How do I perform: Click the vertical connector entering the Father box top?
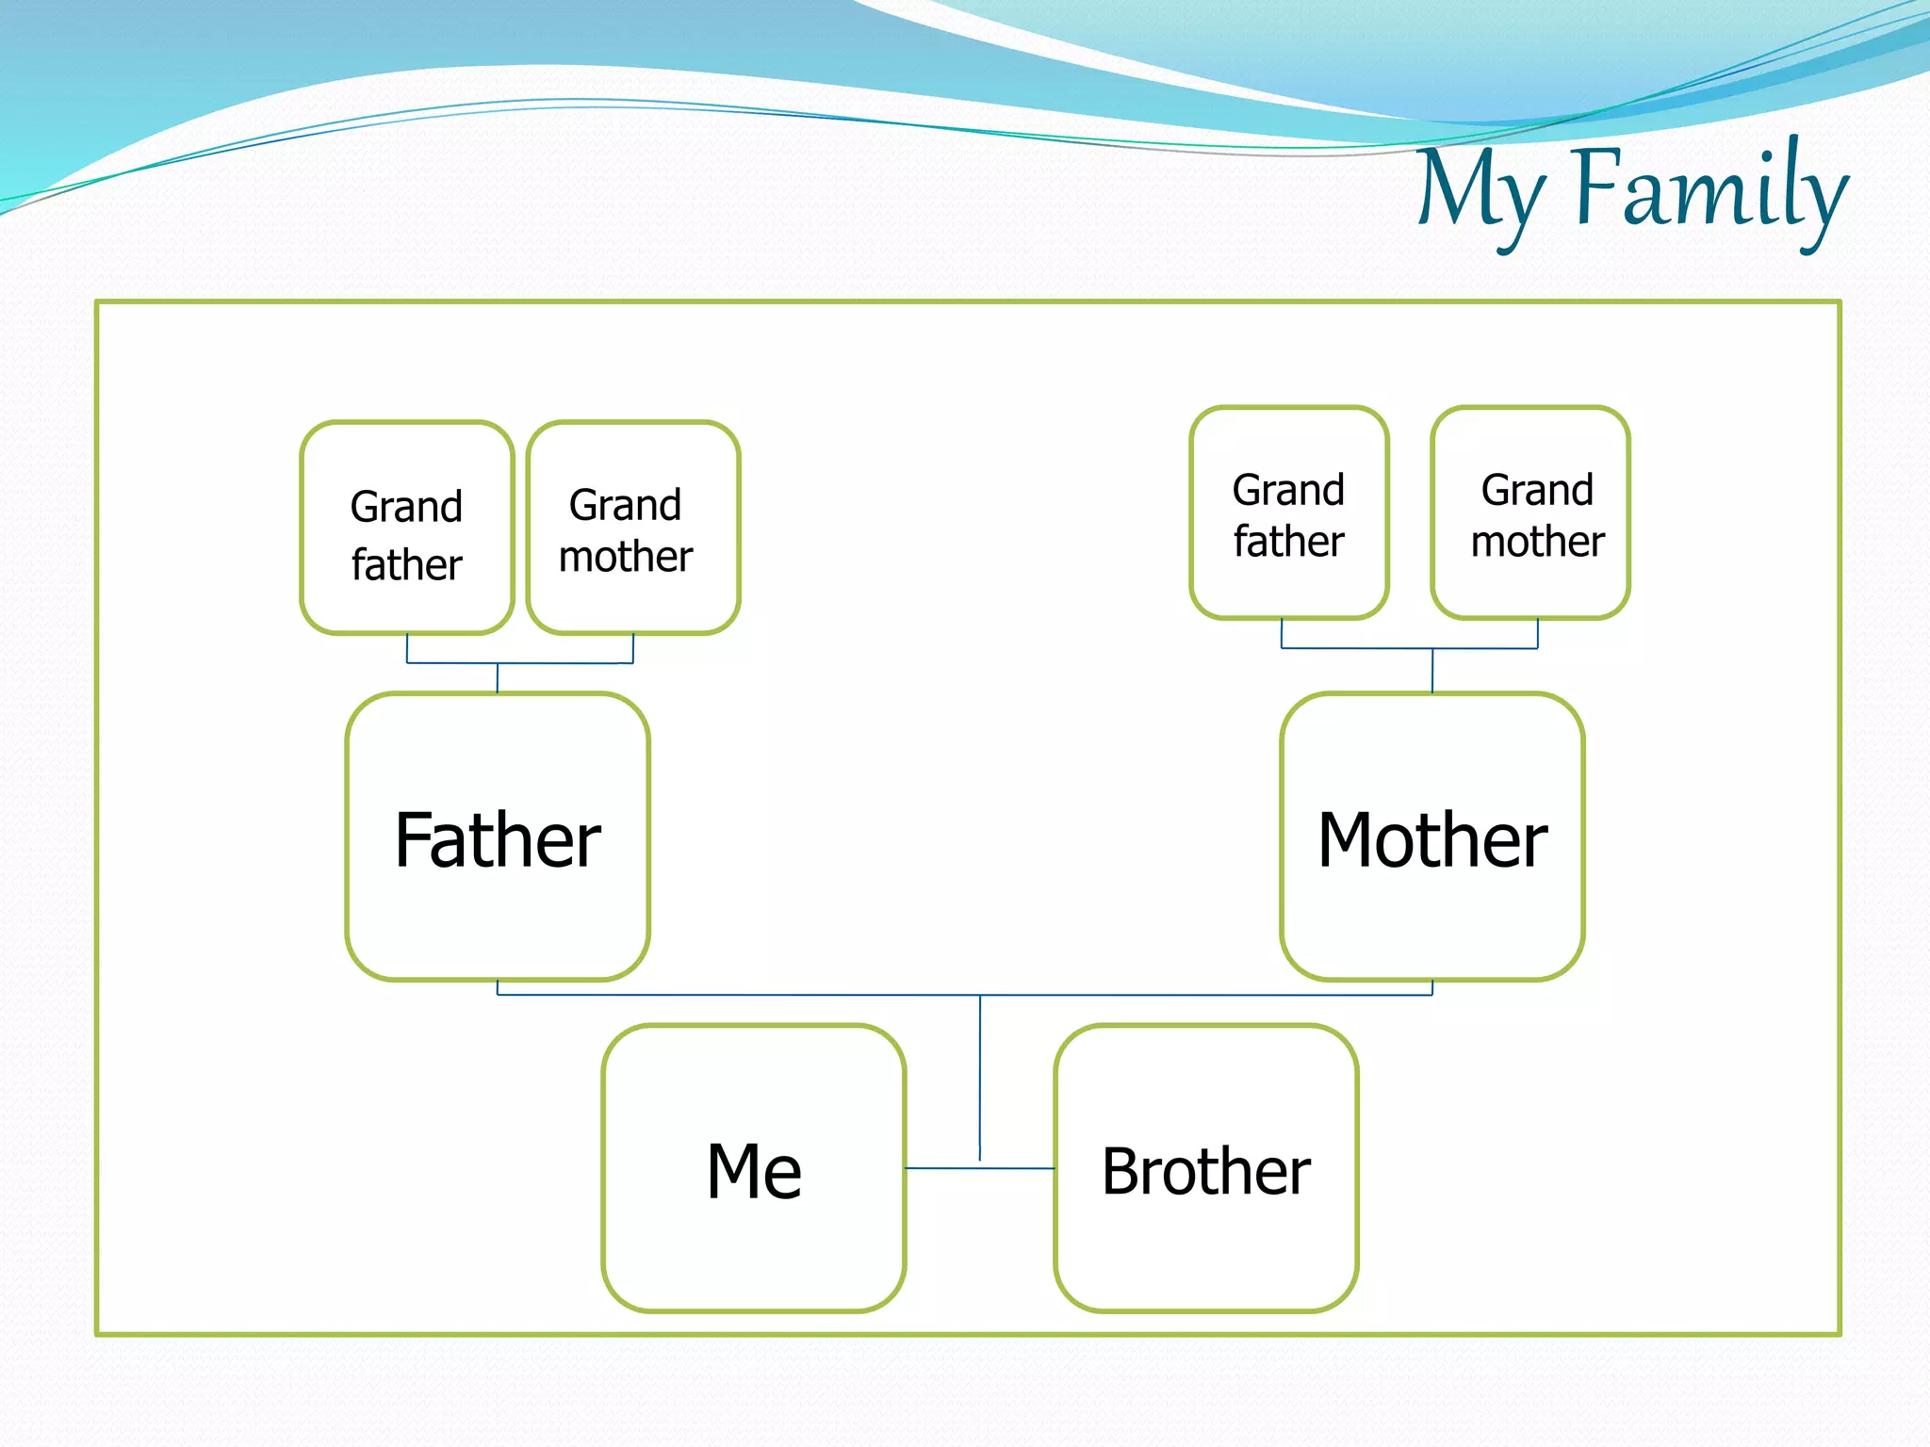coord(498,678)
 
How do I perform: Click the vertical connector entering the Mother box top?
coord(1432,671)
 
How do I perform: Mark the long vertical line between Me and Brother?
coord(980,1074)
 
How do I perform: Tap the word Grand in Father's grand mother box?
coord(625,506)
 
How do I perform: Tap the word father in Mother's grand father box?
coord(1288,542)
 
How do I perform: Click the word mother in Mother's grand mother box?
coord(1537,542)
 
